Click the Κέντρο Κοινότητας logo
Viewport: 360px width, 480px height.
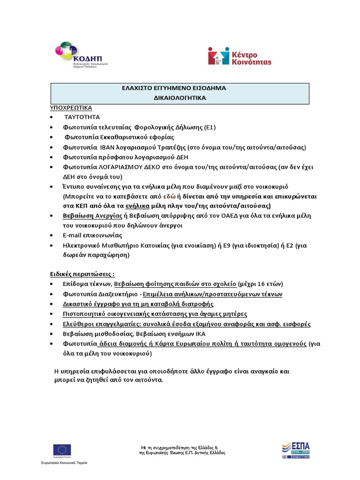click(240, 55)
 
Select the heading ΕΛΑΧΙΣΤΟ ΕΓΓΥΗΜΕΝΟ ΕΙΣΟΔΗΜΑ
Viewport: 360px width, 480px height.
click(180, 88)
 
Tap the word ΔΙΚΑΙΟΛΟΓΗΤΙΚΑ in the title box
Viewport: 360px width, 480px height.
click(180, 98)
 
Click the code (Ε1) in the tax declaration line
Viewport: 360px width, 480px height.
click(210, 127)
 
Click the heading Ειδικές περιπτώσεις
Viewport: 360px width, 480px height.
click(82, 274)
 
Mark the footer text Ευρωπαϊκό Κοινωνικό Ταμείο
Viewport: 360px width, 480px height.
click(64, 462)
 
